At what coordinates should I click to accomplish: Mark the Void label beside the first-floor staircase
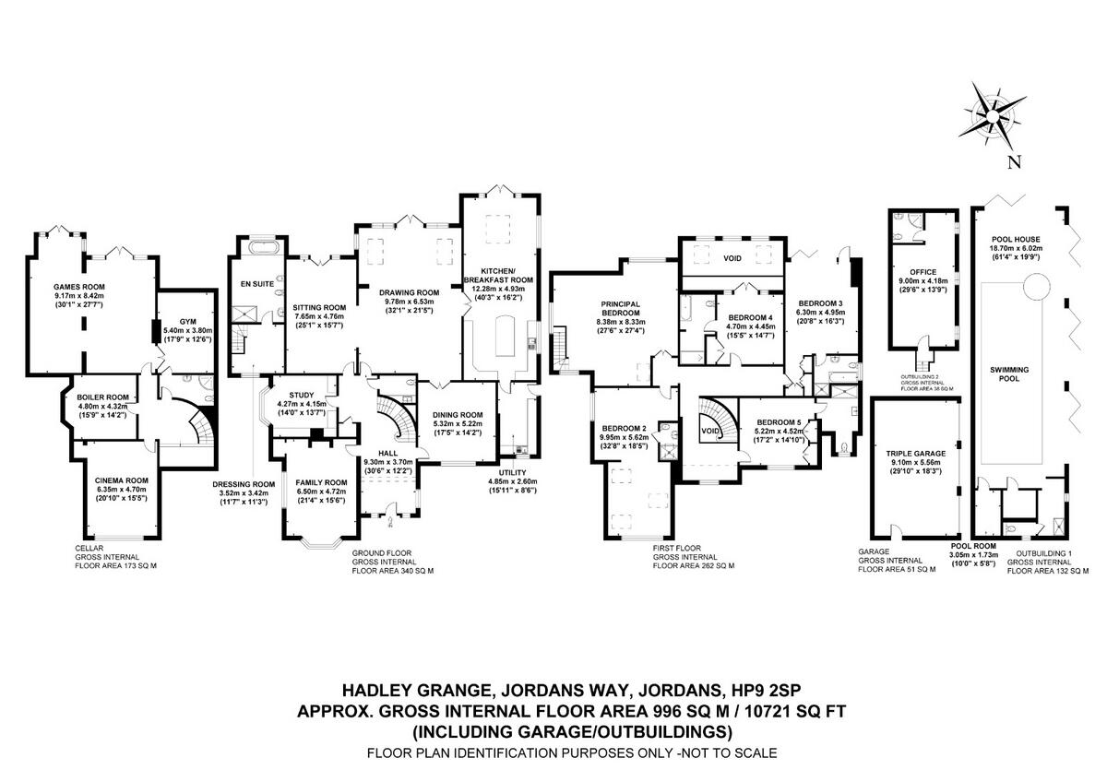709,431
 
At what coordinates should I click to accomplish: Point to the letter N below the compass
1014,163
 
